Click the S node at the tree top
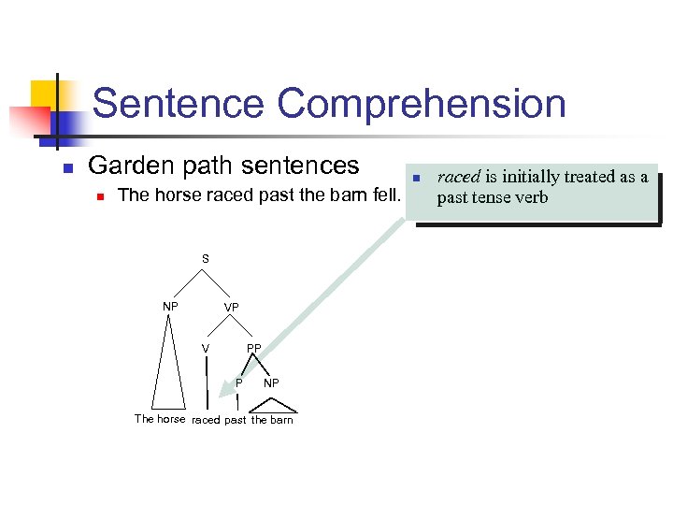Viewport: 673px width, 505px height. tap(206, 258)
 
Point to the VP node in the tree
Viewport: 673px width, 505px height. tap(231, 308)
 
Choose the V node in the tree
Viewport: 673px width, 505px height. tap(206, 349)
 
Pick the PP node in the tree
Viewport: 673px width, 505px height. tap(253, 349)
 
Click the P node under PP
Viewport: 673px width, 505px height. tap(239, 382)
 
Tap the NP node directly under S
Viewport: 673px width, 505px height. tap(170, 306)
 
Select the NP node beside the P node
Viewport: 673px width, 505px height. tap(271, 382)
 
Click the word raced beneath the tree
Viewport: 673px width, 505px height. tap(206, 420)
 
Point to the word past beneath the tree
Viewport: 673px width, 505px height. tap(236, 420)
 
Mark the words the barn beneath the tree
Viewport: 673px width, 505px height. tap(272, 420)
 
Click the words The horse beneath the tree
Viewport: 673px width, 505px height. tap(160, 419)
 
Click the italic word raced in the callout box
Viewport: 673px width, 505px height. tap(458, 177)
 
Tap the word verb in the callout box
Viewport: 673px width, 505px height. tap(529, 197)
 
